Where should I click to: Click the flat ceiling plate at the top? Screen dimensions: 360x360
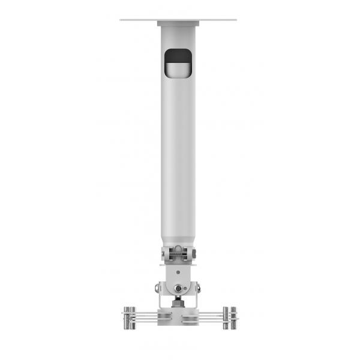(x=138, y=20)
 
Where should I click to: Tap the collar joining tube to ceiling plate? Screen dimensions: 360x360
(x=178, y=24)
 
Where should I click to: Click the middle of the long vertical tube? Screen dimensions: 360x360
(x=178, y=150)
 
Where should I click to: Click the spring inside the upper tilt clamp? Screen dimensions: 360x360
(x=178, y=254)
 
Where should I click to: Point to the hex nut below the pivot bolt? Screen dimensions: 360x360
(x=178, y=304)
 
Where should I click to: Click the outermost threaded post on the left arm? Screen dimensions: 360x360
(x=126, y=317)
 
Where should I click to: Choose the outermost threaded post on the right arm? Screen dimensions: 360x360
(x=233, y=317)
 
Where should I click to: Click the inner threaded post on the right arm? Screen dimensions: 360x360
(x=226, y=317)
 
